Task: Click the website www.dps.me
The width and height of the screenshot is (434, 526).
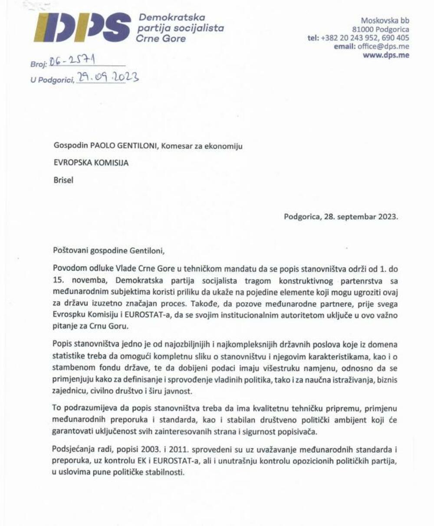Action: coord(386,55)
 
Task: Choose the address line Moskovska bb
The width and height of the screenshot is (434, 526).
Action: coord(385,20)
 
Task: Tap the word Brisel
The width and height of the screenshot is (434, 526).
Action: coord(63,180)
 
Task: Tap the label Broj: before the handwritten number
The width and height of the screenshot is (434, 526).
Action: coord(38,65)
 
